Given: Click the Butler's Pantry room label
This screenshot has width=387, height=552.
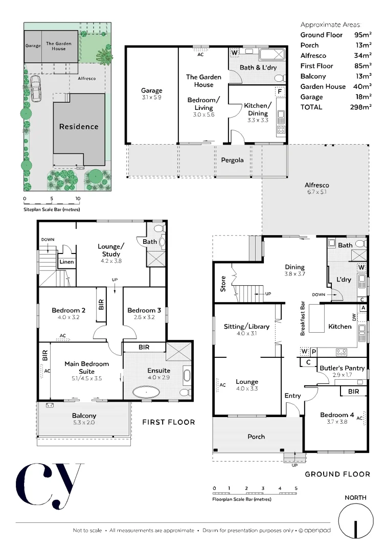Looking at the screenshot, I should pyautogui.click(x=342, y=368).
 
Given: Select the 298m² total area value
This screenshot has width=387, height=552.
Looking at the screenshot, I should pyautogui.click(x=362, y=107).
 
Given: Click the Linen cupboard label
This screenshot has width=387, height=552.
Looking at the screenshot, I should pyautogui.click(x=66, y=262).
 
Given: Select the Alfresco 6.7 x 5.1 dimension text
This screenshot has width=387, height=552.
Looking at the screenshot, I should pyautogui.click(x=316, y=192).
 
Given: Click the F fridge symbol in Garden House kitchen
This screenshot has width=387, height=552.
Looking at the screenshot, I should pyautogui.click(x=280, y=92).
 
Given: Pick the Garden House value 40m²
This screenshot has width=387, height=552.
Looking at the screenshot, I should pyautogui.click(x=363, y=86).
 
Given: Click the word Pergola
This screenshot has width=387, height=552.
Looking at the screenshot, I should pyautogui.click(x=232, y=160).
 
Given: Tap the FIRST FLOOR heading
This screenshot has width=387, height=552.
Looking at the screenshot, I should pyautogui.click(x=168, y=422).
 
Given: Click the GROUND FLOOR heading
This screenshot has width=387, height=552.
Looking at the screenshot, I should pyautogui.click(x=337, y=474).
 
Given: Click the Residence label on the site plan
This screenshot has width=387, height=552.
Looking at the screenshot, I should pyautogui.click(x=79, y=126).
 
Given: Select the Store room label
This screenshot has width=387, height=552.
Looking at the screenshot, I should pyautogui.click(x=223, y=284).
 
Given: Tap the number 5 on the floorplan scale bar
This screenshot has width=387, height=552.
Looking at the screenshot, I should pyautogui.click(x=296, y=489).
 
